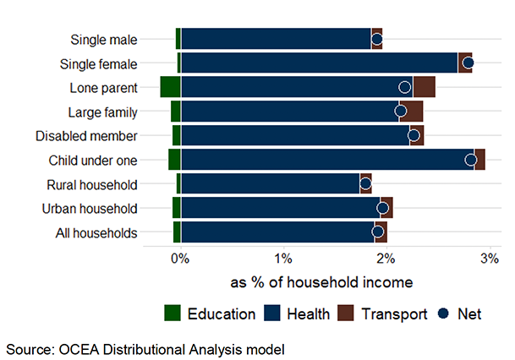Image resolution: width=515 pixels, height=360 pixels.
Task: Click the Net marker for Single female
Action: coord(468,63)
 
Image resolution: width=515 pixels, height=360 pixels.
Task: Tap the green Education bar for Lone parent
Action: coord(170,86)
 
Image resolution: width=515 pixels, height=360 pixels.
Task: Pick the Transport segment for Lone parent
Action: coord(424,86)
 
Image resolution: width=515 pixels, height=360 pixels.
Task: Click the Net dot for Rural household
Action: coord(365,183)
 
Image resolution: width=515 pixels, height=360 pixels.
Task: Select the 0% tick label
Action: coord(179,259)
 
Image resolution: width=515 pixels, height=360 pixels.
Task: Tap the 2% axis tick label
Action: coord(387,259)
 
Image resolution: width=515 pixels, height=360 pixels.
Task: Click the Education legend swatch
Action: coord(173,314)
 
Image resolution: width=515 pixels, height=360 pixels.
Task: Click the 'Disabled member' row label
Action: coord(86,135)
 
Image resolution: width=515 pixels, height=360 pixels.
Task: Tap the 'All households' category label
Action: coord(90,232)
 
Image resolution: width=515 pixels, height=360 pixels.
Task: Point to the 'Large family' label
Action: coord(101,111)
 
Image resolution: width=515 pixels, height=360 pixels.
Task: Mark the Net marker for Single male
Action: coord(377,39)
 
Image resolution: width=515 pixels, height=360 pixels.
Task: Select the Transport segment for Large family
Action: coord(411,111)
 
